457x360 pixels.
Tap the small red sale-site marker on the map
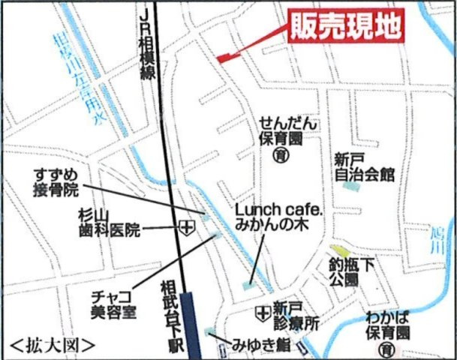(224, 57)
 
